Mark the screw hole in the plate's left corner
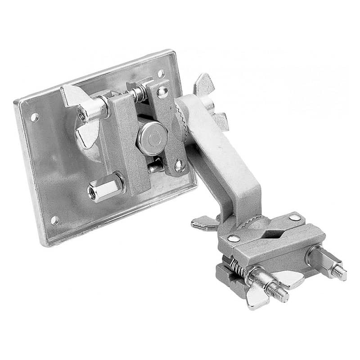(34, 117)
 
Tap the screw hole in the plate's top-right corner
(161, 73)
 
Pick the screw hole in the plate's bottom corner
(55, 220)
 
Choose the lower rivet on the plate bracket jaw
(179, 166)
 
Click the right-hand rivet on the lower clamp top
(295, 218)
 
